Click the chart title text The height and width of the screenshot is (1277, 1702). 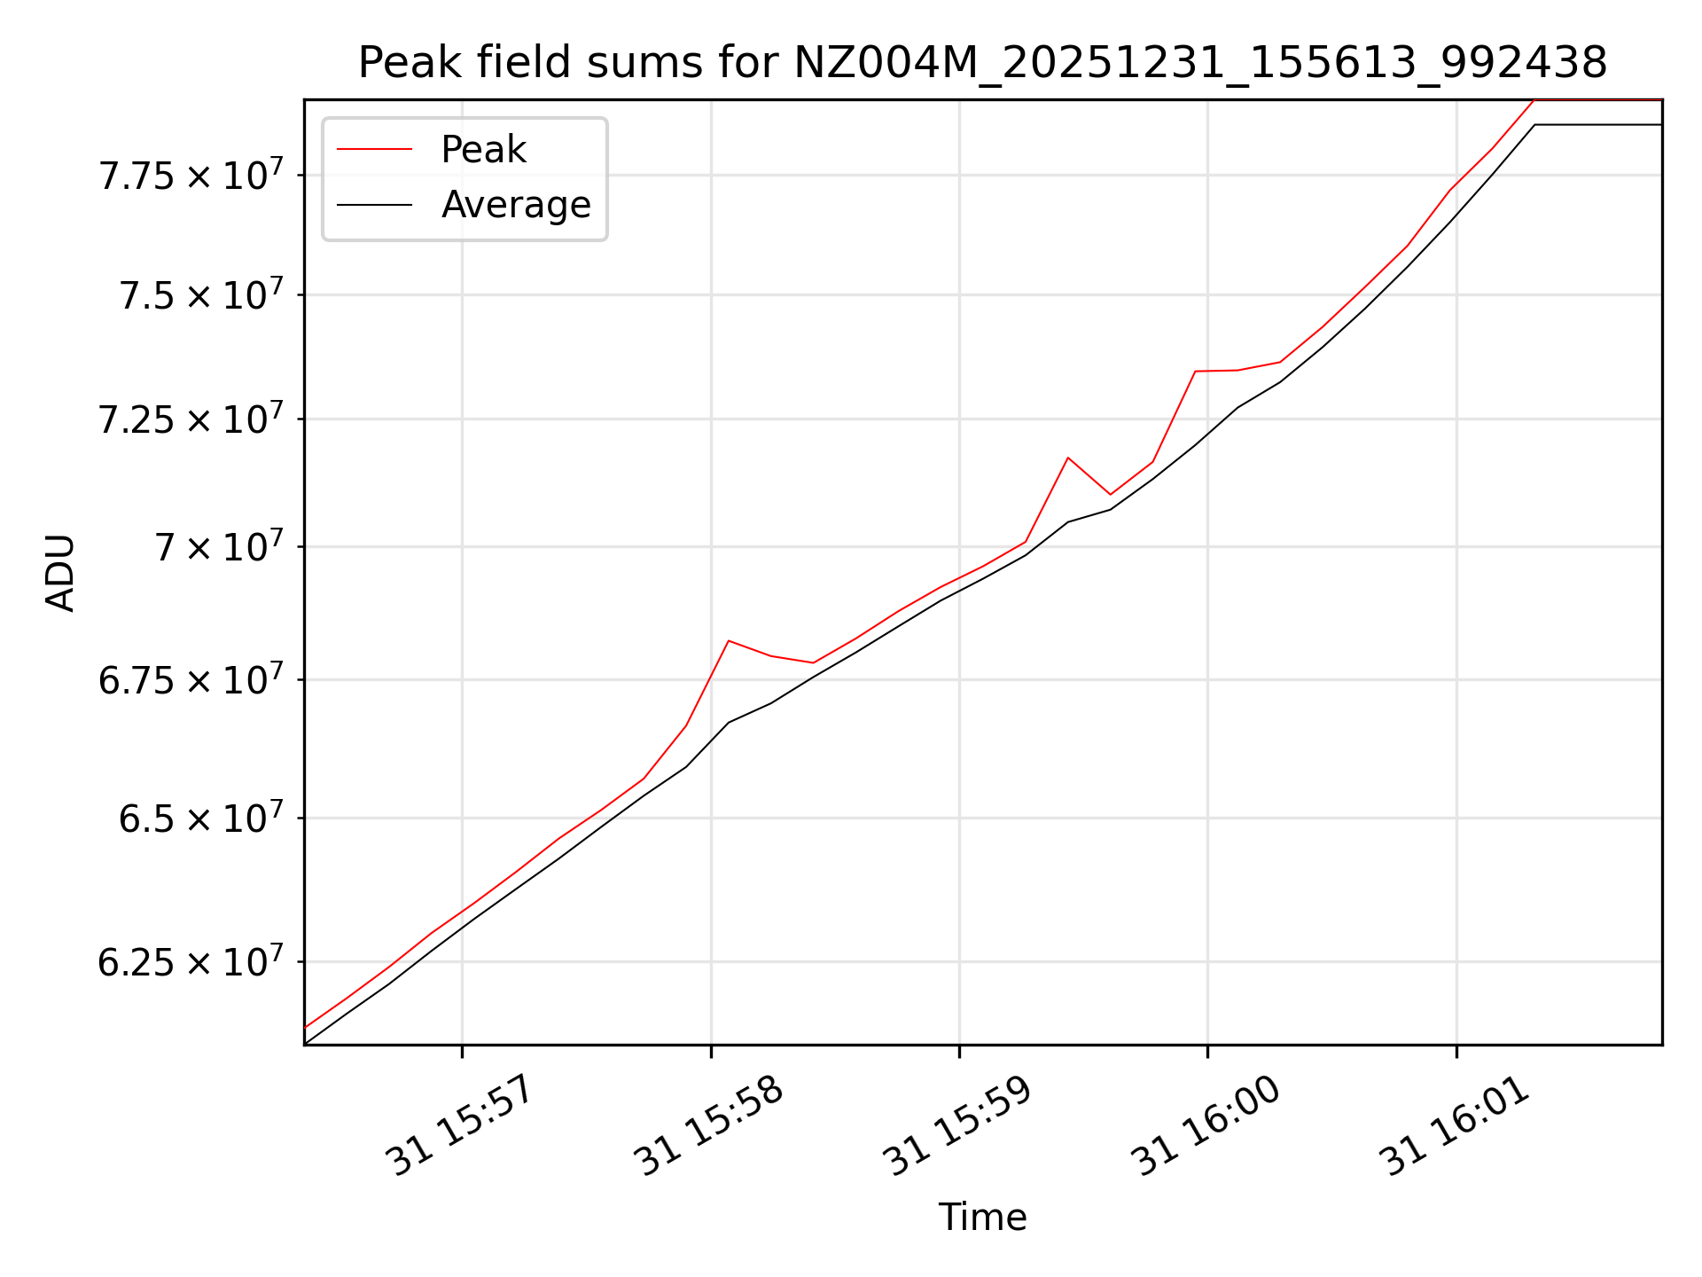coord(982,63)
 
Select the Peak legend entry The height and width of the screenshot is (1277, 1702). coord(483,150)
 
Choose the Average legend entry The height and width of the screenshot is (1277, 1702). coord(516,205)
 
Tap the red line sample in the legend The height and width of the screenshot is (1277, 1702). coord(374,150)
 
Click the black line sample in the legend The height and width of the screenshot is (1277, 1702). coord(374,205)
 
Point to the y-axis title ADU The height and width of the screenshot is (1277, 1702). coord(60,573)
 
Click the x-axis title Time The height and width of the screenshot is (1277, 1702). coord(982,1218)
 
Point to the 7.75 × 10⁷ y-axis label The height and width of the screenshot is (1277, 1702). coord(191,174)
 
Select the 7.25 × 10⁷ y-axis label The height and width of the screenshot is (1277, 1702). coord(191,418)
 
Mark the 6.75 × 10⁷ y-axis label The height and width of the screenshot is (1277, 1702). coord(191,679)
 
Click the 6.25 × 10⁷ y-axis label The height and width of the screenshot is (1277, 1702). coord(191,960)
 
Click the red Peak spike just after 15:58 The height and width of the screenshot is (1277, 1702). coord(728,640)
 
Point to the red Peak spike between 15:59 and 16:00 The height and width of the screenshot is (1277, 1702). coord(1068,458)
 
